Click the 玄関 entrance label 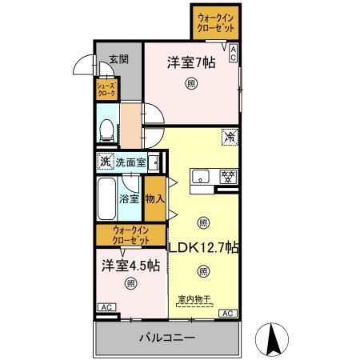[x=118, y=58]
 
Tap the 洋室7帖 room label [x=192, y=62]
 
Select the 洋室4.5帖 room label [x=130, y=265]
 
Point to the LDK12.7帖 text [x=203, y=247]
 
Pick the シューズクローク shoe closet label [x=106, y=88]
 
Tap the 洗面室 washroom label [x=130, y=162]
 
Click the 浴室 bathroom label [x=129, y=198]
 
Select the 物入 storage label [x=154, y=198]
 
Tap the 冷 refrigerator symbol [x=228, y=137]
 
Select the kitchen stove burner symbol [x=227, y=175]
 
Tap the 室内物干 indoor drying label [x=193, y=300]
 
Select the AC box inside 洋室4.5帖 [x=105, y=307]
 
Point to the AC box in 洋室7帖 [x=234, y=54]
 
